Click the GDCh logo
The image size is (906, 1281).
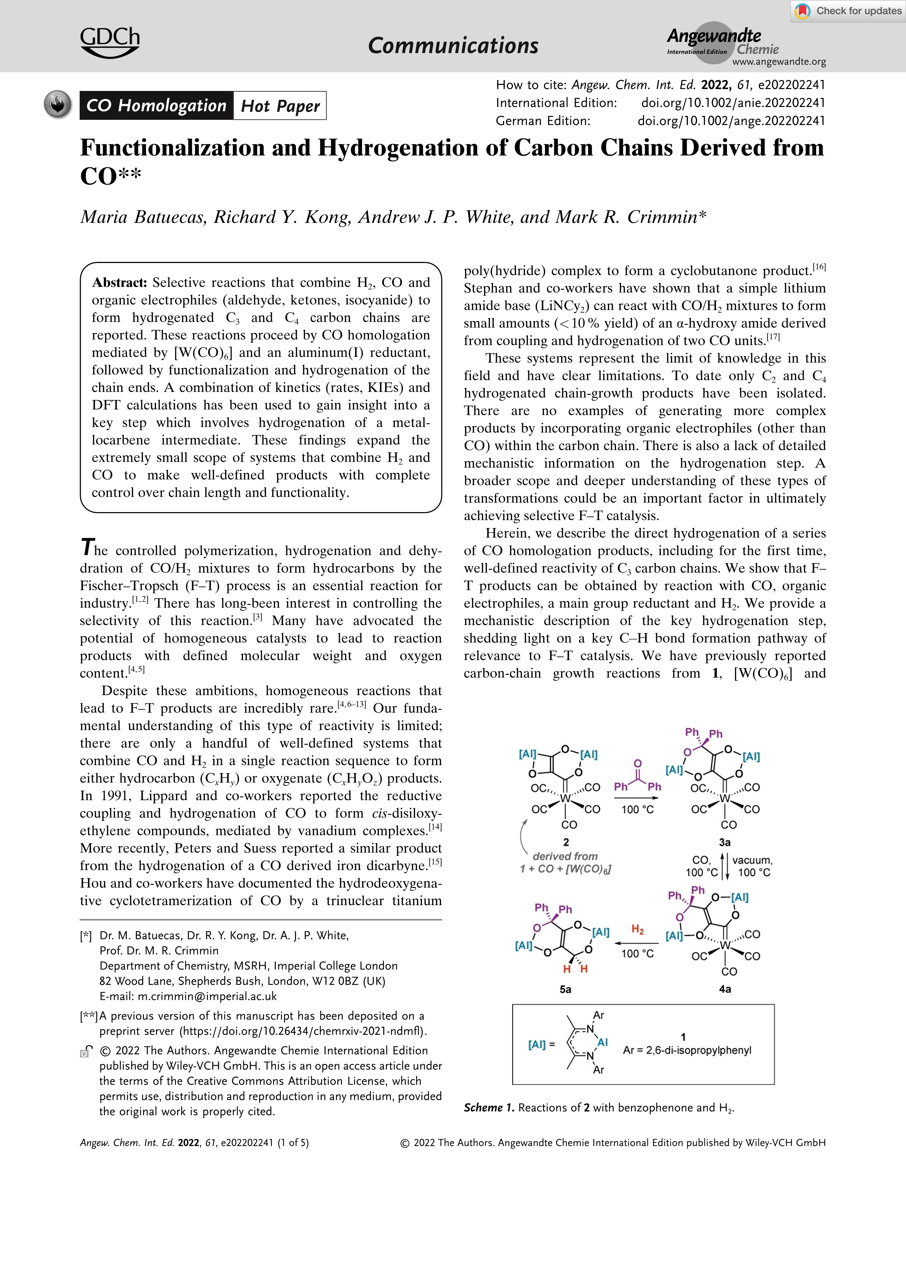point(110,42)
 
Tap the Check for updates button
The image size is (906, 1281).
point(848,11)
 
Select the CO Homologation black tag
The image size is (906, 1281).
point(156,106)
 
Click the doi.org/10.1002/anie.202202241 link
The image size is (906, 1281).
point(732,103)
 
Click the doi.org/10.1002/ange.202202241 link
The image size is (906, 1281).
point(731,121)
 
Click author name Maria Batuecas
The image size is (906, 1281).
point(142,217)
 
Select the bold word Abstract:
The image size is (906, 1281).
point(119,282)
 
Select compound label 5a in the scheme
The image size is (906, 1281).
point(565,989)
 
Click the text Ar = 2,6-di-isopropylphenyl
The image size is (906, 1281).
point(687,1050)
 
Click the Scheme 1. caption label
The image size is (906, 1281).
point(489,1107)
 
